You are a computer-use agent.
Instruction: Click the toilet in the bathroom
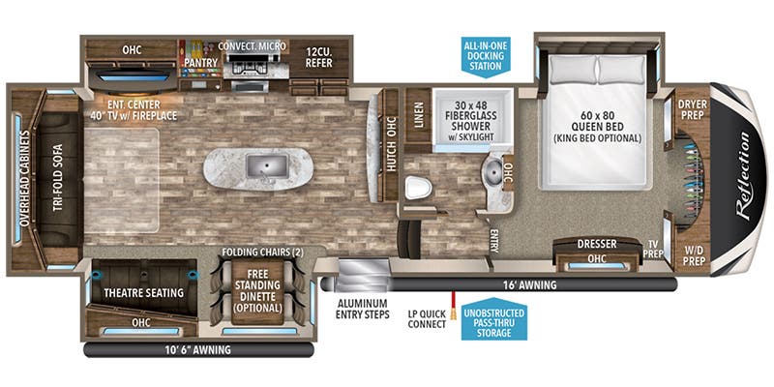pos(417,186)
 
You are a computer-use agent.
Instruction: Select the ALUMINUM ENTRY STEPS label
pos(365,308)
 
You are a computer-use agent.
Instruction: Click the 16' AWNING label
pos(528,285)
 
